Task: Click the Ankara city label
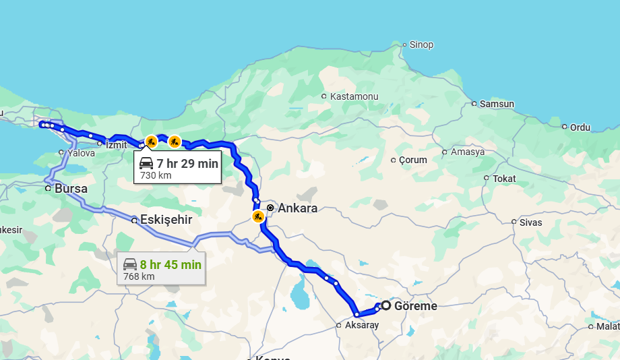tap(297, 208)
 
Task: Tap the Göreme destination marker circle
tap(386, 305)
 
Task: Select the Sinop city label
tap(421, 45)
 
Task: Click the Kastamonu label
tap(354, 96)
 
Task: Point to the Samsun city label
tap(497, 104)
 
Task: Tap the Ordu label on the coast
tap(580, 127)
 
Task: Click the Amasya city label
tap(468, 152)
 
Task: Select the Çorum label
tap(412, 160)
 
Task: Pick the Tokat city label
tap(504, 179)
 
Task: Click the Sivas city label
tap(530, 222)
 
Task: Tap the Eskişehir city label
tap(166, 220)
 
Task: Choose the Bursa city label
tap(71, 189)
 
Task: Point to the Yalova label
tap(81, 153)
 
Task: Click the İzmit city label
tap(116, 144)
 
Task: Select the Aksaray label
tap(362, 326)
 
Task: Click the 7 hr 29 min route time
tap(187, 163)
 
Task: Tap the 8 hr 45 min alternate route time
tap(170, 265)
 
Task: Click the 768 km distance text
tap(139, 276)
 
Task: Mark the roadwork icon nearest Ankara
tap(258, 216)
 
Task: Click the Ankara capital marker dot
tap(270, 208)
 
